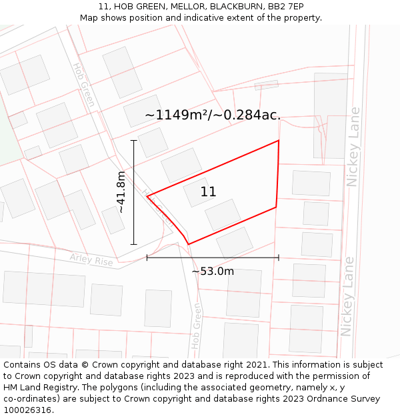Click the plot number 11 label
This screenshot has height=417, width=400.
pyautogui.click(x=208, y=192)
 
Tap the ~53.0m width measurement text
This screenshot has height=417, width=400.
pyautogui.click(x=213, y=272)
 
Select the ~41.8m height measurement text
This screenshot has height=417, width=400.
pyautogui.click(x=121, y=192)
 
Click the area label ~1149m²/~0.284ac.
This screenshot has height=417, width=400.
pyautogui.click(x=213, y=115)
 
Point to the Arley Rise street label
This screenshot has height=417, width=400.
pyautogui.click(x=91, y=260)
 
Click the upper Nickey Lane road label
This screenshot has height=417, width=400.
pyautogui.click(x=353, y=147)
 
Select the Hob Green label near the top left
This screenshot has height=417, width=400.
pyautogui.click(x=84, y=85)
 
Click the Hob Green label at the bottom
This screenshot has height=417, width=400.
pyautogui.click(x=196, y=326)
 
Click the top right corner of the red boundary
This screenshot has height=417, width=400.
pyautogui.click(x=279, y=140)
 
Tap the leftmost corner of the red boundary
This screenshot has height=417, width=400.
pyautogui.click(x=147, y=196)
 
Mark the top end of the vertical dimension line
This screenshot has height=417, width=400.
pyautogui.click(x=134, y=140)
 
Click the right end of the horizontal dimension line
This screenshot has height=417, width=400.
pyautogui.click(x=279, y=258)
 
